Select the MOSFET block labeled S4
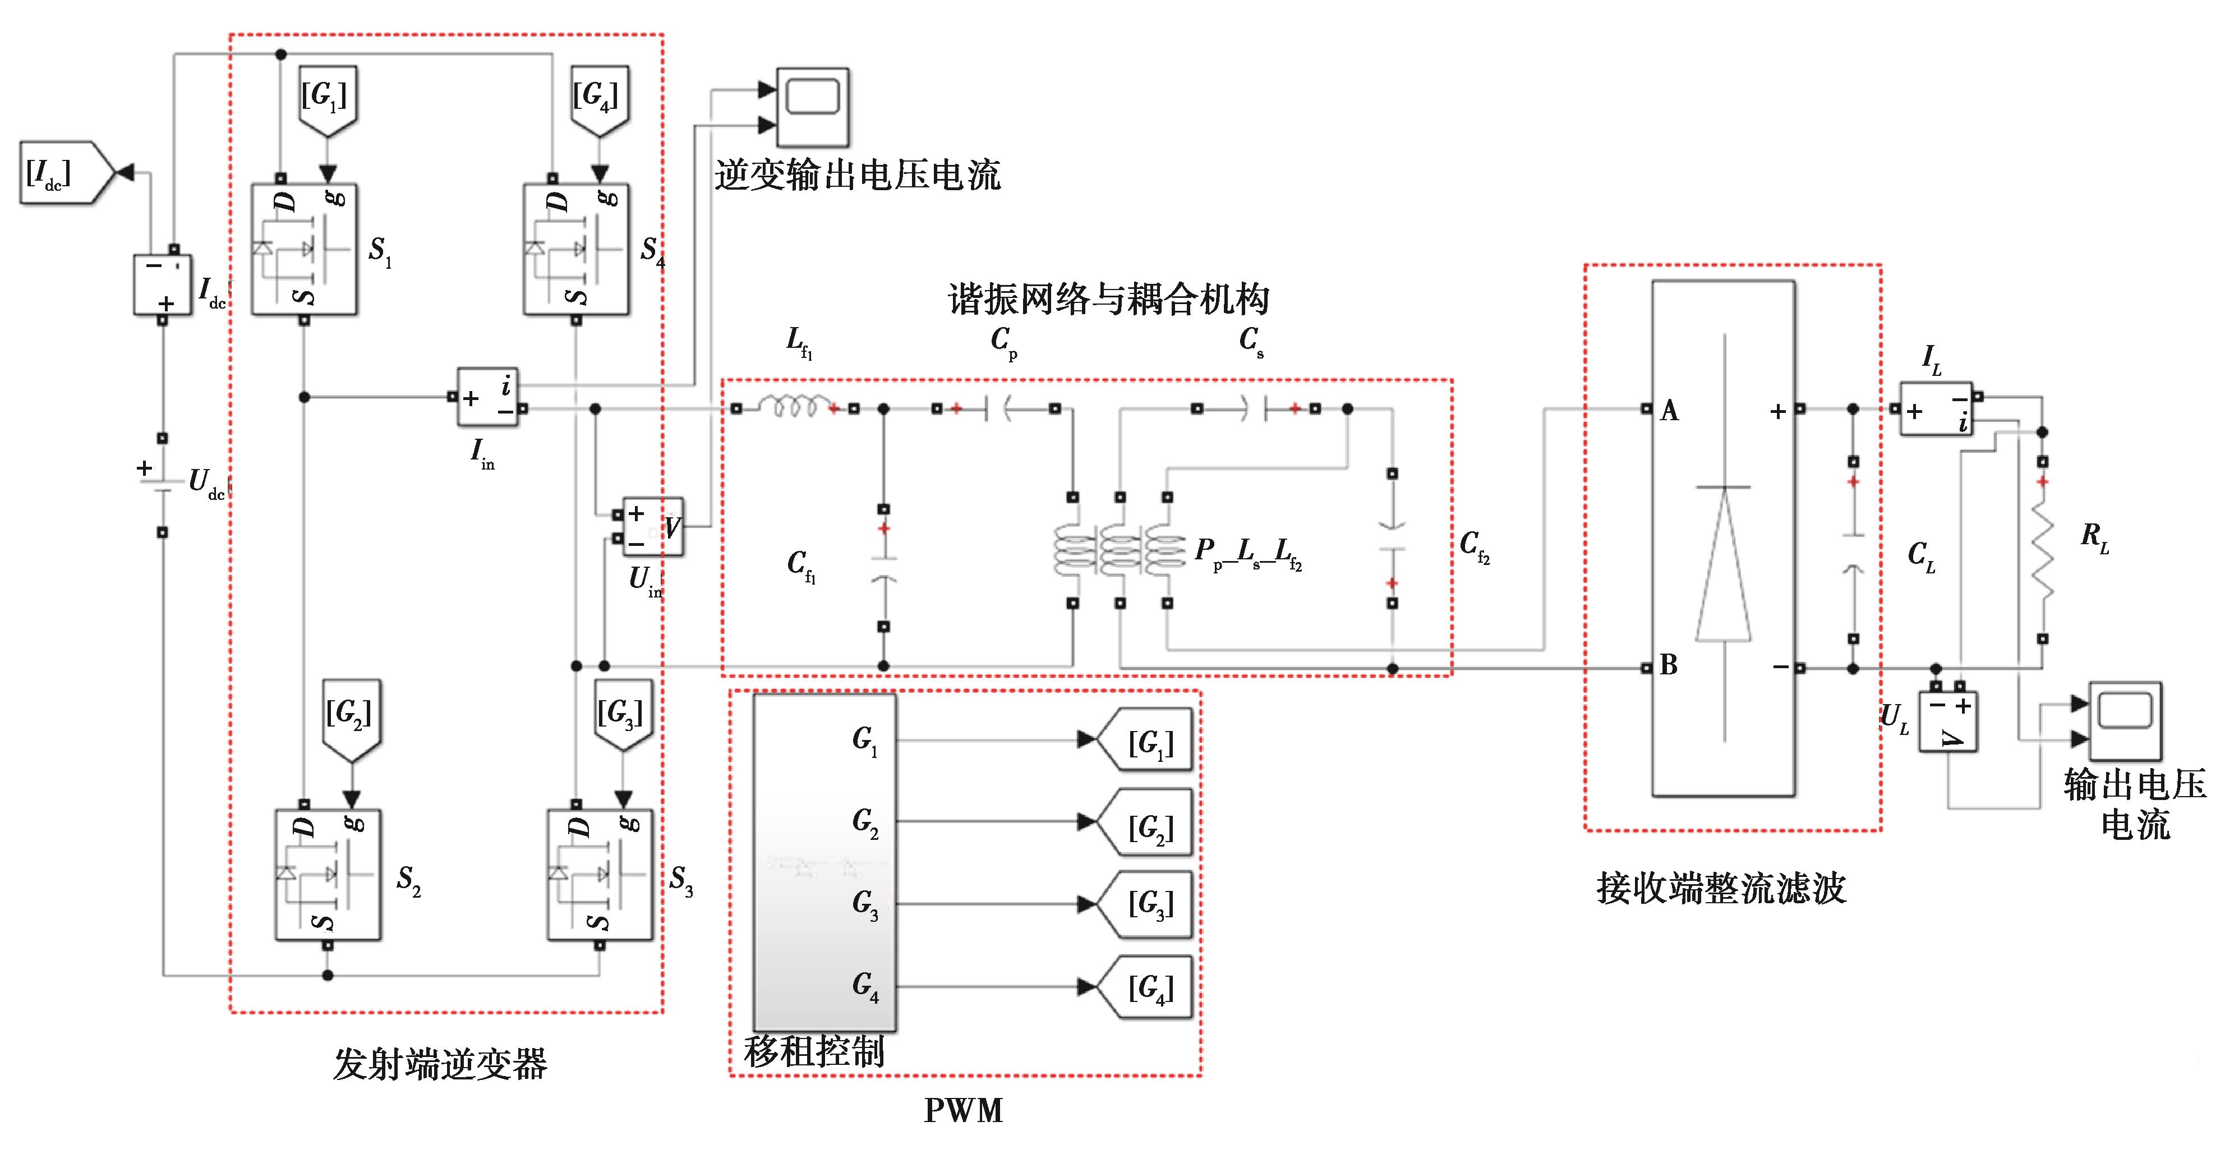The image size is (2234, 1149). click(577, 250)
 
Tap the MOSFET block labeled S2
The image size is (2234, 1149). click(328, 875)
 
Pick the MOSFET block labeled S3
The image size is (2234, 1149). click(600, 875)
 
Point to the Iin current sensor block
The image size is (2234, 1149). click(487, 397)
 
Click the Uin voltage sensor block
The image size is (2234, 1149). click(653, 526)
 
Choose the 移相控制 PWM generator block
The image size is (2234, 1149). click(824, 863)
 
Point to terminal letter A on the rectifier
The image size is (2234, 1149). click(1669, 411)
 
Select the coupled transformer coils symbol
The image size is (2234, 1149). click(1119, 550)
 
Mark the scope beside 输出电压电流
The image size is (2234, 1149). click(2125, 720)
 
